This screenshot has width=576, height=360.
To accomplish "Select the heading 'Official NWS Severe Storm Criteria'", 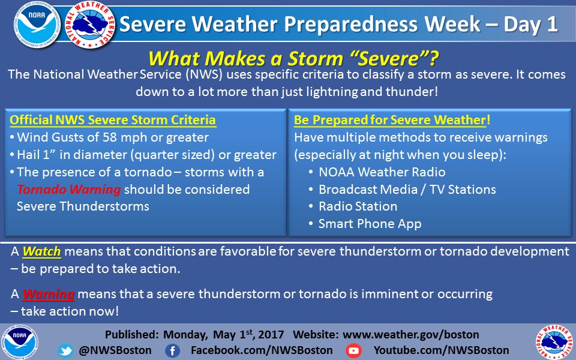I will click(x=113, y=120).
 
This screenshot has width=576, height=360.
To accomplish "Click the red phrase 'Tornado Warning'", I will click(x=68, y=190).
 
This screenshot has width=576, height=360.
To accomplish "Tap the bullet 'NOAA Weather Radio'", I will click(x=382, y=172).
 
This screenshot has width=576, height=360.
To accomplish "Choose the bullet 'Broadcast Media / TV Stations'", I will click(x=407, y=190).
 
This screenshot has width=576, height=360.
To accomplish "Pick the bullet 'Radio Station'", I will click(x=358, y=206).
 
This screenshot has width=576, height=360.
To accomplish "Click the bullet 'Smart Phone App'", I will click(x=370, y=224).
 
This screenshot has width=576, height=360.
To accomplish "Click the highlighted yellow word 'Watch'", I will click(x=42, y=253).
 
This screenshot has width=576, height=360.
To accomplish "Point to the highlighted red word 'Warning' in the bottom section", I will click(x=48, y=295).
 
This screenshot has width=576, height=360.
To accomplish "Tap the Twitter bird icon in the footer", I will click(x=65, y=350).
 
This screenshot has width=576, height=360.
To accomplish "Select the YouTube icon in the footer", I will click(x=354, y=350).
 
